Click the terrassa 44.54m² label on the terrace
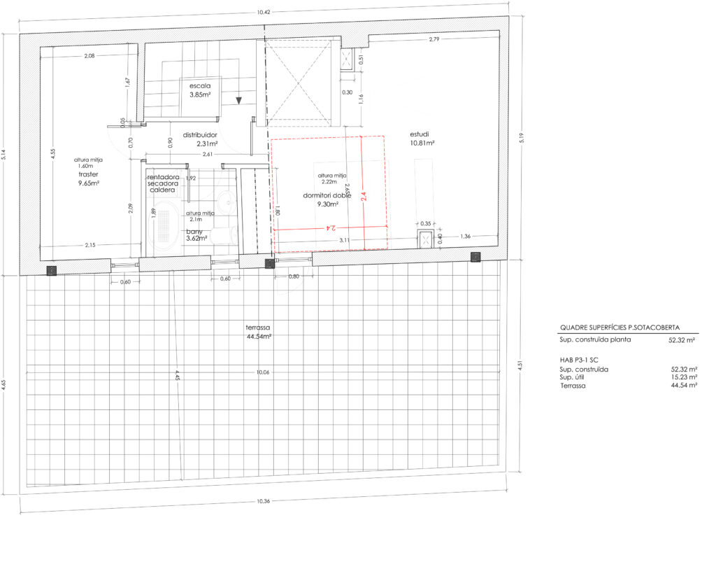(x=258, y=332)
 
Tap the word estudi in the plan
(x=420, y=134)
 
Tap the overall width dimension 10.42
(x=264, y=13)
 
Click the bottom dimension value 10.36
(x=262, y=501)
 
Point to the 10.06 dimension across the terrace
(x=263, y=373)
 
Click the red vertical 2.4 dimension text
(x=364, y=198)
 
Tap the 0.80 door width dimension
(x=294, y=276)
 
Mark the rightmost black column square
(x=475, y=257)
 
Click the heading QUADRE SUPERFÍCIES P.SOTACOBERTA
(x=620, y=327)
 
